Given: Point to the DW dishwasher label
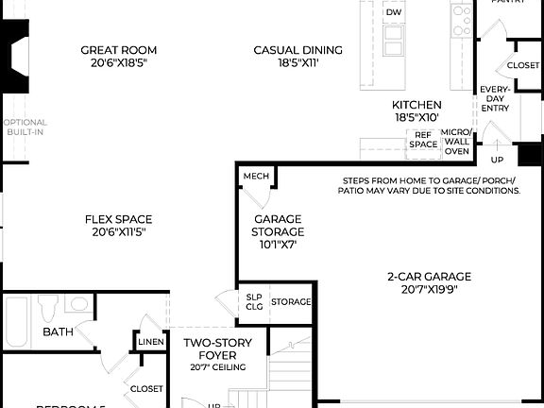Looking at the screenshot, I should click(394, 11).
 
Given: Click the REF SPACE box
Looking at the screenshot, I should click(423, 140).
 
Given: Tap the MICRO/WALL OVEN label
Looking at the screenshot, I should click(456, 141).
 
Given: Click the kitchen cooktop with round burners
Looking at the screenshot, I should click(461, 17).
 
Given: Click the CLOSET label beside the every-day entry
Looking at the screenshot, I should click(522, 65).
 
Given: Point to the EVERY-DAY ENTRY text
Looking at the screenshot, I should click(494, 99).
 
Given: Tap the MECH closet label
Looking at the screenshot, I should click(255, 177).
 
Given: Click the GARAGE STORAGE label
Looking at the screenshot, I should click(278, 230).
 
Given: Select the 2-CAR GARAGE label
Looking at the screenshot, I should click(429, 283).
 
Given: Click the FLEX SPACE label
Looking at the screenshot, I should click(118, 225).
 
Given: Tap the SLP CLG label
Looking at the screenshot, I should click(253, 301).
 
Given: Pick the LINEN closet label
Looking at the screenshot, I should click(150, 342).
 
